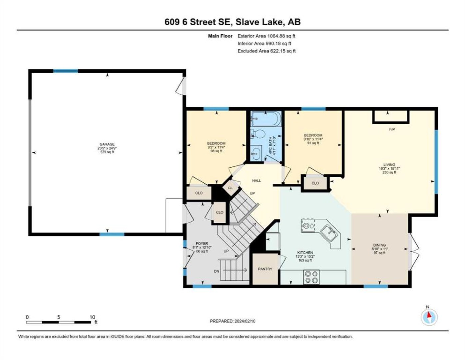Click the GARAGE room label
(x=107, y=144)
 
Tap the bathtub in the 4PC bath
(x=265, y=119)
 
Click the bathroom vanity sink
(x=256, y=153)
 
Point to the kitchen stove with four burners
(x=311, y=277)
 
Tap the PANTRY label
(x=265, y=269)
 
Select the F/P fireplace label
(x=392, y=129)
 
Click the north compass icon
(x=429, y=317)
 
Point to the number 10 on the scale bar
(x=92, y=317)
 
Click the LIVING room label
(x=389, y=165)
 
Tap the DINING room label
(x=379, y=245)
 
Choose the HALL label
(x=256, y=181)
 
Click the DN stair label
(x=217, y=271)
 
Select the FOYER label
(x=202, y=243)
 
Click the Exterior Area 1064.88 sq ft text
(x=266, y=36)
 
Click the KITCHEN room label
(x=305, y=253)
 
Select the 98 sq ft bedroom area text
(x=216, y=151)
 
